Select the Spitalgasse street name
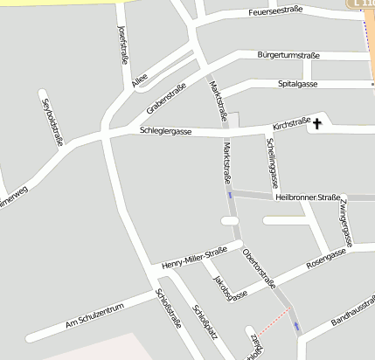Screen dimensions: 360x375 coord(297,84)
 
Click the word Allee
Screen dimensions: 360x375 coord(139,82)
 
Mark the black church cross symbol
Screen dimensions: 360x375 coord(316,125)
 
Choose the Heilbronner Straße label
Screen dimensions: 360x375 coord(308,197)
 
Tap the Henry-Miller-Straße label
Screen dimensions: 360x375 coord(194,256)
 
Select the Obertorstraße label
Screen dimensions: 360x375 coord(259,267)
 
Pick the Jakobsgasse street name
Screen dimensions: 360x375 coord(229,287)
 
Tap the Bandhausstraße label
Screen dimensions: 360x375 coord(353,313)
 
